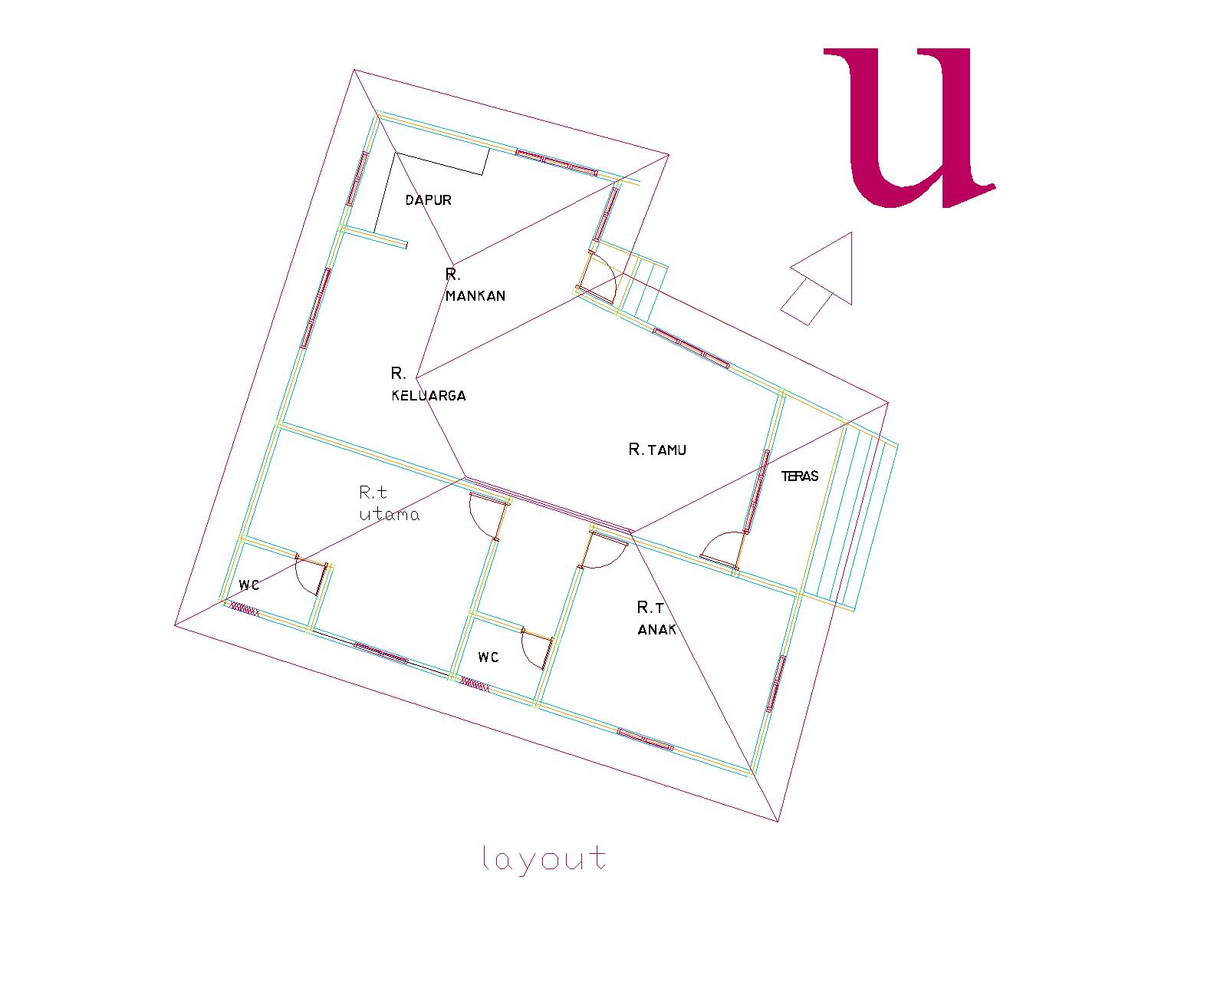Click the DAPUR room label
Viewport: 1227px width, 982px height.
point(428,200)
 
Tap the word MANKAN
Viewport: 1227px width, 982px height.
point(475,296)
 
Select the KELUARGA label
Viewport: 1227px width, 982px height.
point(429,396)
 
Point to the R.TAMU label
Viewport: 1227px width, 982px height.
point(657,450)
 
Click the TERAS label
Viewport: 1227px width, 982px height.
point(800,476)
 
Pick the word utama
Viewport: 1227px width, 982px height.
point(390,515)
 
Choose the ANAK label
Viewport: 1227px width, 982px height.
point(657,630)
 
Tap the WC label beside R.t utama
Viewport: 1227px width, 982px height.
point(249,585)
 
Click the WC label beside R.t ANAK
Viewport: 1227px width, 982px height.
point(488,657)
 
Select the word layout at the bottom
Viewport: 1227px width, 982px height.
point(544,859)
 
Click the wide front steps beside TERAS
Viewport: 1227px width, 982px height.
point(851,514)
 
